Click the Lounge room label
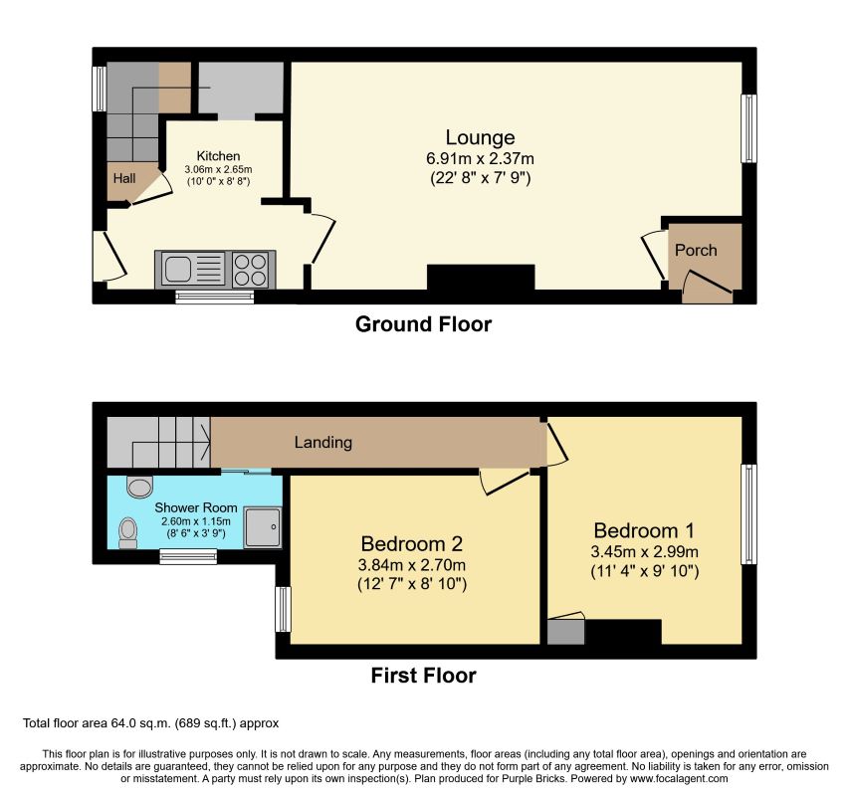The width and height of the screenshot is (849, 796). pos(480,138)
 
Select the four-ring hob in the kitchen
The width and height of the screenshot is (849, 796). pos(250,269)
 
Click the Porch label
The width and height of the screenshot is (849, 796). pos(696,251)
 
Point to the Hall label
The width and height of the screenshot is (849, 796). pos(124,178)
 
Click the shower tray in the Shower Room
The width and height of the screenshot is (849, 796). pos(263,527)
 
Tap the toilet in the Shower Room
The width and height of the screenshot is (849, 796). pos(127,533)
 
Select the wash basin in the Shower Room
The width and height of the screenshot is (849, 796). pos(139,487)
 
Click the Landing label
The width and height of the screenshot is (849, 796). pos(323,443)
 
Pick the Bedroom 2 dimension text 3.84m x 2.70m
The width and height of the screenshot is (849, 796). pos(411,565)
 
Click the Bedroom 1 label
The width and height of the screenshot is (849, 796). pos(644,530)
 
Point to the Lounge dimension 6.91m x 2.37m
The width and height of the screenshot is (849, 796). pos(480,158)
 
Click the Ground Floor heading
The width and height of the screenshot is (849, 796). pos(423,324)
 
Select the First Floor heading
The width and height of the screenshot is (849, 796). pos(423,676)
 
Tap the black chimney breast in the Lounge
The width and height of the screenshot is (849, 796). pos(481,279)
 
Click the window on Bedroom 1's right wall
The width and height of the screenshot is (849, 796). pos(748,514)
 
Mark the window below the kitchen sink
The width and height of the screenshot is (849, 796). pos(215,296)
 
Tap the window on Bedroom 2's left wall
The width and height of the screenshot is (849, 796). pos(284,609)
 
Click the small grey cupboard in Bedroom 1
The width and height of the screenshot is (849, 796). pos(565,632)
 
